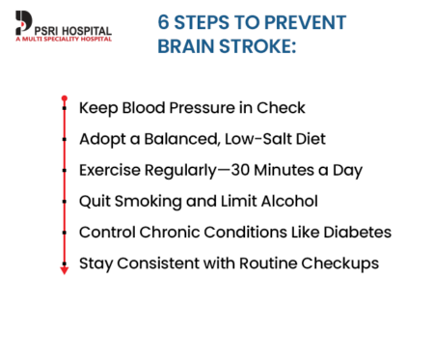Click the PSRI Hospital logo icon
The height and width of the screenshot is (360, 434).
22,25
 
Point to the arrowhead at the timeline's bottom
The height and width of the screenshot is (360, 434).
65,271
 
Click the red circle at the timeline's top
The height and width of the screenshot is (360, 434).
65,97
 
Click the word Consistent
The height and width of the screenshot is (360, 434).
160,263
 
